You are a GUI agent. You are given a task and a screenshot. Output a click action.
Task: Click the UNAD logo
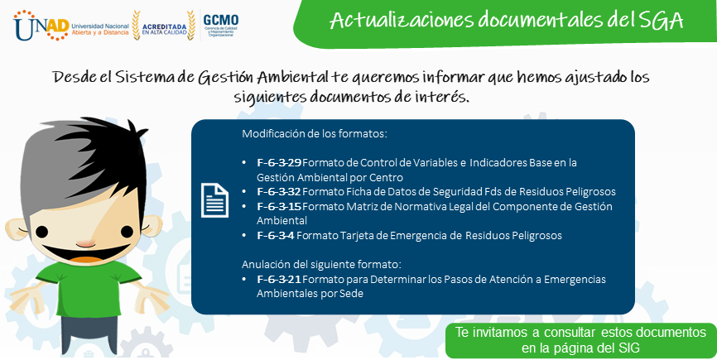[41, 26]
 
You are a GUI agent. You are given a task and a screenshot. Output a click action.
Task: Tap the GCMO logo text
[221, 20]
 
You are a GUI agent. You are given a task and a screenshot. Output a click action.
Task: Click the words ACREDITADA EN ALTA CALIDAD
[164, 29]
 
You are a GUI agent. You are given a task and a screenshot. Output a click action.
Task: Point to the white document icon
[214, 200]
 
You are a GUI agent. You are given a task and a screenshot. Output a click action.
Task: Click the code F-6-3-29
[279, 163]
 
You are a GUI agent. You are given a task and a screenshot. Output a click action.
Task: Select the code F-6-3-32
[278, 191]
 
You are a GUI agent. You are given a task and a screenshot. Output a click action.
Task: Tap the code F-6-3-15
[279, 207]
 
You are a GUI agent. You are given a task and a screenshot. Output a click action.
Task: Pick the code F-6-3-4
[276, 236]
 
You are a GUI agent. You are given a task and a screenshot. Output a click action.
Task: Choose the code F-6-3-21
[279, 279]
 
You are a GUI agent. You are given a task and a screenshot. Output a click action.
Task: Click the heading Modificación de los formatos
[315, 134]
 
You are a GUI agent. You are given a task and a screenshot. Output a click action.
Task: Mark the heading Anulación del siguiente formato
[321, 265]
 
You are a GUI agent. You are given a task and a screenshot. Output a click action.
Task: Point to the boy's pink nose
[85, 244]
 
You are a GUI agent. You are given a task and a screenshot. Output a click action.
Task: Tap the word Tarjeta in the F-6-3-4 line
[355, 236]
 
